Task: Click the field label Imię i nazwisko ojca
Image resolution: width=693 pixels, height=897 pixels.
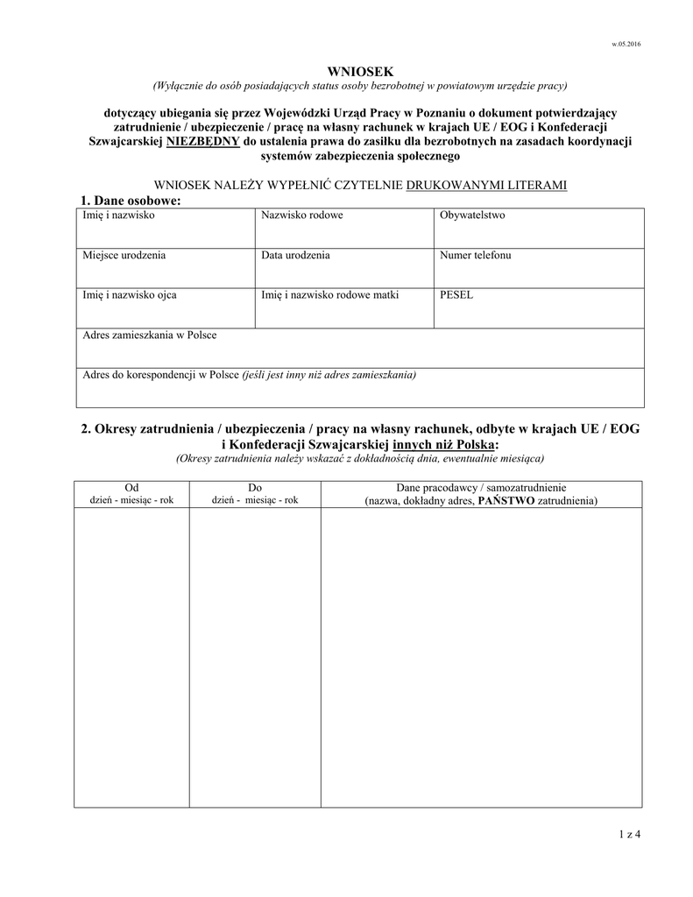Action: coord(130,295)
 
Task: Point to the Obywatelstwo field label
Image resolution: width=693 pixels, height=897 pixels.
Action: coord(472,215)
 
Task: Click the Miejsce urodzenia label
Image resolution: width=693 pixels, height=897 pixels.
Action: coord(124,256)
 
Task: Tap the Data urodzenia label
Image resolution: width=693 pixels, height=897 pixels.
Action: coord(295,256)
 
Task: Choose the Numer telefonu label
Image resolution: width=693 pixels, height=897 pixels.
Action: coord(476,256)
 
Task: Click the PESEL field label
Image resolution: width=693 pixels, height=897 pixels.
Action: coord(456,295)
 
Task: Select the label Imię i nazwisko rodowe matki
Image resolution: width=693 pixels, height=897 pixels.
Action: coord(329,295)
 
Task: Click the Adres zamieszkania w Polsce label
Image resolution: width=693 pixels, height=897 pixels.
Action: coord(149,335)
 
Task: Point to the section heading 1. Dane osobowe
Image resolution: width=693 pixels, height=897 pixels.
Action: coord(131,201)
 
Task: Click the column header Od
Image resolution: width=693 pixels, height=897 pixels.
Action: coord(131,487)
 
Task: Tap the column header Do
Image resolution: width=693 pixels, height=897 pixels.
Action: coord(255,487)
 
